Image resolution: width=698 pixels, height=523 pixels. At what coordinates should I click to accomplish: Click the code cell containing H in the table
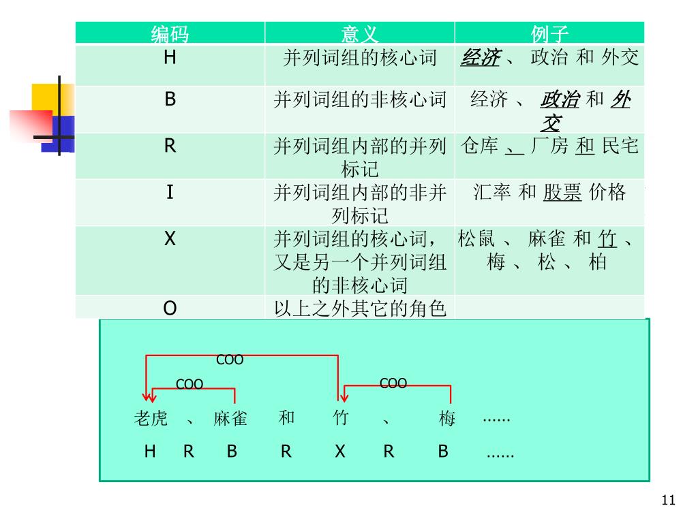point(170,58)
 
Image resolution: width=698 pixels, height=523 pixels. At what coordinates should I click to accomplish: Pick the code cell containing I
point(170,193)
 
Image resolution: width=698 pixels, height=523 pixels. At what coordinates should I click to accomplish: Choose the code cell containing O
point(170,308)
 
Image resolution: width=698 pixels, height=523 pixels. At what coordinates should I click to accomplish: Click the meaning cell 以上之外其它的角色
point(359,309)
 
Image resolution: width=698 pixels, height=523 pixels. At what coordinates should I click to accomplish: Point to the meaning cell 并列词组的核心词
point(359,58)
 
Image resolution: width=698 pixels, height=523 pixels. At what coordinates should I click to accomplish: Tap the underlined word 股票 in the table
point(562,193)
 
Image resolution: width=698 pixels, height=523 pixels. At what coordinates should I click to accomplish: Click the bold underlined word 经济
point(480,58)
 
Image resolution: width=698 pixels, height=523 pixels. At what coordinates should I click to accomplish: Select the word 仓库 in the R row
point(479,146)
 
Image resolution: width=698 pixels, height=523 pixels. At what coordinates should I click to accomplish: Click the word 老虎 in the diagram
point(151,418)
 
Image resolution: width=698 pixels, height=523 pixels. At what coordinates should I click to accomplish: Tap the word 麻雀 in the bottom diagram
point(230,418)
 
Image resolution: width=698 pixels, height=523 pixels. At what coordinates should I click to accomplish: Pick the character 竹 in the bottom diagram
point(340,418)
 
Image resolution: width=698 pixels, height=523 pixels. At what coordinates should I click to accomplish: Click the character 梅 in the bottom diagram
point(447,419)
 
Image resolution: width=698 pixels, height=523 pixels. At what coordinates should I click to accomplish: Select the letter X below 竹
point(340,451)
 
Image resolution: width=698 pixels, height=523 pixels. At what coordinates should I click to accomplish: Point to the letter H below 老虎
point(150,451)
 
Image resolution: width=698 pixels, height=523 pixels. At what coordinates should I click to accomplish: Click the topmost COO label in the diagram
point(230,360)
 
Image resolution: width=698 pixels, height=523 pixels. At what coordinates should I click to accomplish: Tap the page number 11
point(668,501)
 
